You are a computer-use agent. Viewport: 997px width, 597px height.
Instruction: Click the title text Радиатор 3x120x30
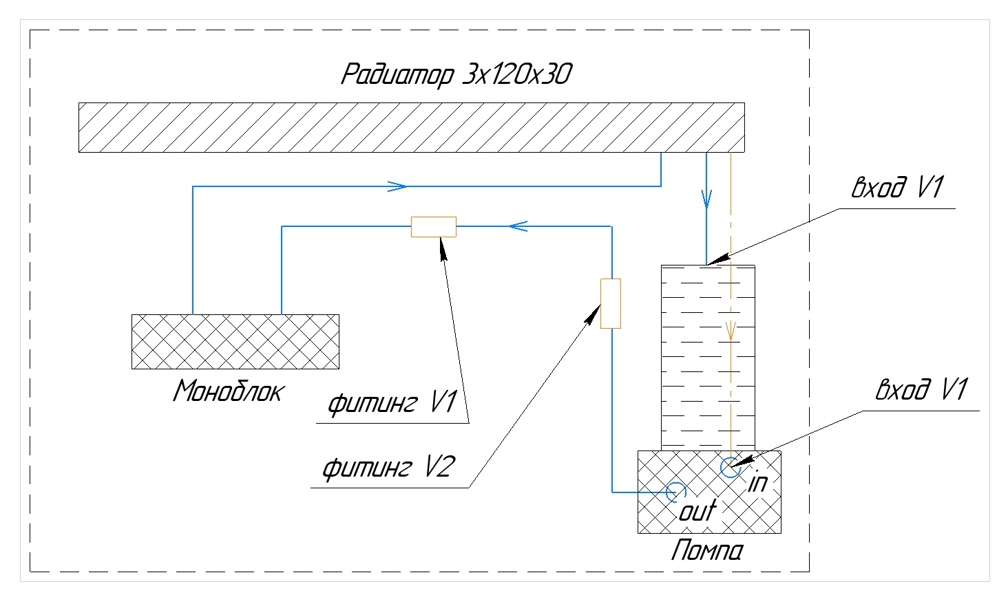click(x=456, y=74)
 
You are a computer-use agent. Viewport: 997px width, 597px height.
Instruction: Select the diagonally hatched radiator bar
click(x=411, y=127)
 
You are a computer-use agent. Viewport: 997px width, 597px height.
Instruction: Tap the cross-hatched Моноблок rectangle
click(x=235, y=342)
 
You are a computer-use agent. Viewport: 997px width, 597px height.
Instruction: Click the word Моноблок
click(x=228, y=392)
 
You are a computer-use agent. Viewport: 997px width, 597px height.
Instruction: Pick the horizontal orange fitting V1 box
click(x=433, y=226)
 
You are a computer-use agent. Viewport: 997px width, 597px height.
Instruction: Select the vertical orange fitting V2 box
click(x=611, y=303)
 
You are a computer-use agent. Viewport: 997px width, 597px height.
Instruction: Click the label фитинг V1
click(x=391, y=404)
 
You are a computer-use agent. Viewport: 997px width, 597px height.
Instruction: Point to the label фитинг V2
click(x=388, y=469)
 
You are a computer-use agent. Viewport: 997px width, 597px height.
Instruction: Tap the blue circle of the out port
click(x=676, y=492)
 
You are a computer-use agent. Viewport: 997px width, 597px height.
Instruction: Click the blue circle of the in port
click(x=729, y=467)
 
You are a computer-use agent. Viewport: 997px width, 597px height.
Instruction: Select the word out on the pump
click(x=697, y=511)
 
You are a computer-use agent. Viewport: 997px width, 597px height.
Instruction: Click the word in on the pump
click(x=757, y=482)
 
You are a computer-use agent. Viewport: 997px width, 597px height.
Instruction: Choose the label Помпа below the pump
click(x=707, y=552)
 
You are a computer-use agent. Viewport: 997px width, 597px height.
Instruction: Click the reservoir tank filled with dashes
click(x=707, y=358)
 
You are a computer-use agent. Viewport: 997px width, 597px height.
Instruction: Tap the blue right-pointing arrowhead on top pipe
click(x=397, y=186)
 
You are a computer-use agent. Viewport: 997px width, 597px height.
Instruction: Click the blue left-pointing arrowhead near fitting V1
click(x=518, y=226)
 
